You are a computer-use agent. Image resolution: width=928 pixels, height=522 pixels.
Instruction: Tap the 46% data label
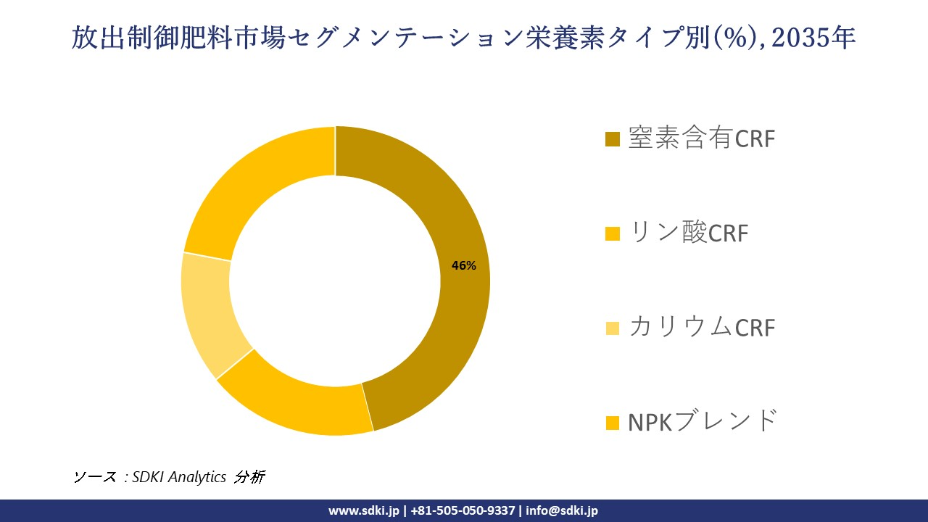(464, 266)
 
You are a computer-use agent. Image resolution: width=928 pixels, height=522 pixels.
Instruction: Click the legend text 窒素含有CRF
(701, 138)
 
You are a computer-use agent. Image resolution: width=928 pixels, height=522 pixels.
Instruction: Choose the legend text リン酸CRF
(688, 233)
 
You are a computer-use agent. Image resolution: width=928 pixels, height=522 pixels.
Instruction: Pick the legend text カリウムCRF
(701, 327)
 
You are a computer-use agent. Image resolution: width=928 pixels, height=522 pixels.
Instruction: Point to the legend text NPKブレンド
(702, 421)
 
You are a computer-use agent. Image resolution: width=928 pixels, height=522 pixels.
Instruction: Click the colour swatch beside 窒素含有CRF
(613, 139)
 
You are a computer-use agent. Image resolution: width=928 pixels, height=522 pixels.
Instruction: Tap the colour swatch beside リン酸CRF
(613, 233)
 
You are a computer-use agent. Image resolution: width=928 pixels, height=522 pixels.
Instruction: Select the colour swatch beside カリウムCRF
(613, 328)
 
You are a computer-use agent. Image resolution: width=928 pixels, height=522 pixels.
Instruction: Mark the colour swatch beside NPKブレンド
(613, 422)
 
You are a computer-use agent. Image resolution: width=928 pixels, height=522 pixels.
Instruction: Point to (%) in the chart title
(732, 38)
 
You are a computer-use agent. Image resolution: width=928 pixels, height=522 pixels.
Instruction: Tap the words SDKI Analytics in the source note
(179, 477)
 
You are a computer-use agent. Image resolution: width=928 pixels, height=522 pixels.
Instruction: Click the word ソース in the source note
(95, 477)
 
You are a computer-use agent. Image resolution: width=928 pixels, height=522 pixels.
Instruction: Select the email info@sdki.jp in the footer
(562, 510)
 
